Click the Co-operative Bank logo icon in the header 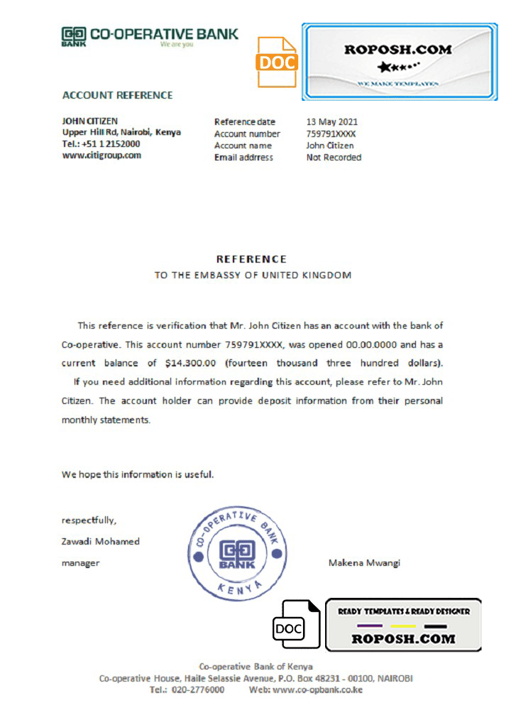(x=73, y=35)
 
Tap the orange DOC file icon (x=276, y=62)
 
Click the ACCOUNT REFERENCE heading (x=117, y=95)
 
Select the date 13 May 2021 (x=332, y=122)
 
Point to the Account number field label (x=247, y=134)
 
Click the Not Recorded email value (x=334, y=158)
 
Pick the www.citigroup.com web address (x=101, y=155)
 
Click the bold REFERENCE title (x=251, y=259)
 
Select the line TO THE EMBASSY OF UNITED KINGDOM (x=253, y=275)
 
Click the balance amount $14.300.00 (x=189, y=364)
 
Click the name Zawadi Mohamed (x=100, y=541)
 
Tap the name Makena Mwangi (x=364, y=563)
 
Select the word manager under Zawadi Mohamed (x=80, y=563)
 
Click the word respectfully (x=89, y=520)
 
